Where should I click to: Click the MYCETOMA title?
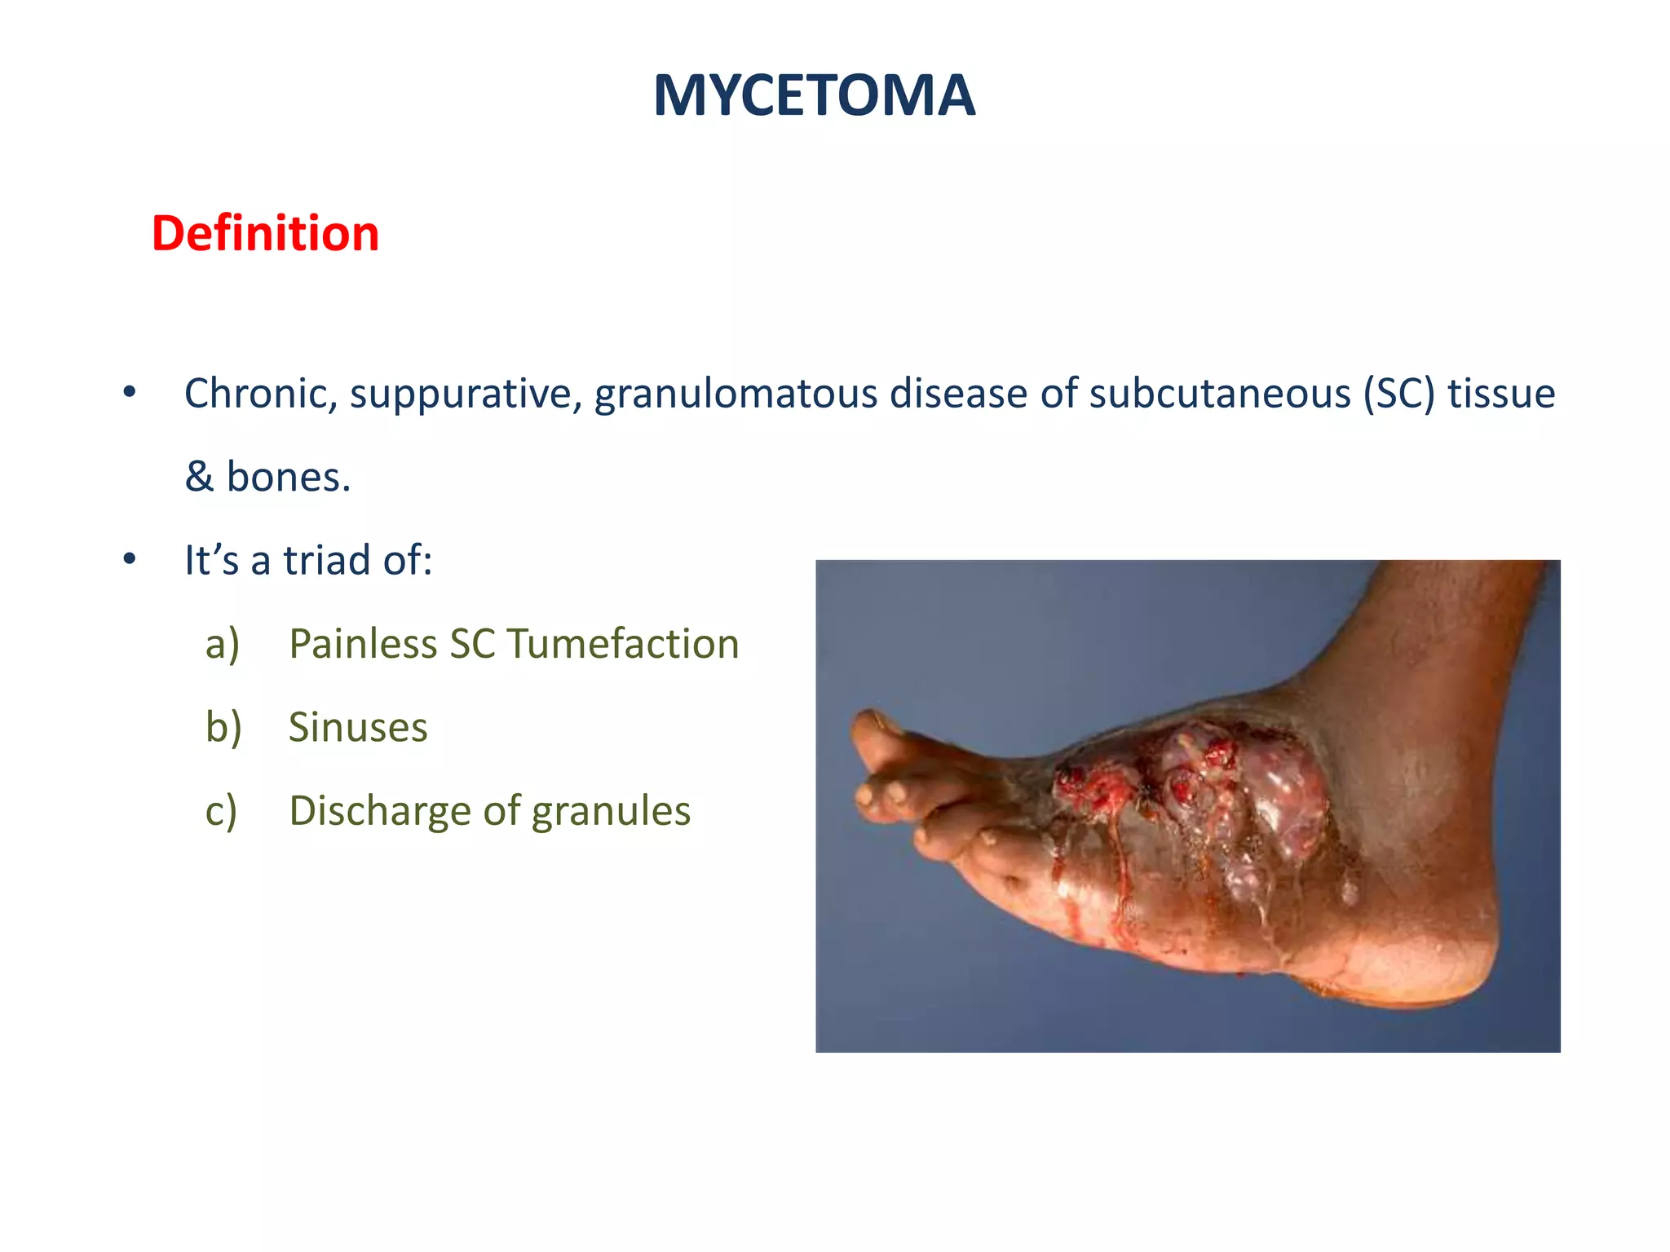(814, 96)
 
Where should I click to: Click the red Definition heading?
(265, 234)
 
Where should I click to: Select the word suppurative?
(466, 394)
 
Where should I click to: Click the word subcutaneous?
(1219, 394)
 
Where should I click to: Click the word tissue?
(1501, 394)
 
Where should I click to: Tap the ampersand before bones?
(199, 477)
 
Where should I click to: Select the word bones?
(288, 477)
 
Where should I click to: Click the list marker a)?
(223, 645)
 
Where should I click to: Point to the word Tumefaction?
(623, 645)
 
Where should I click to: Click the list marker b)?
(223, 728)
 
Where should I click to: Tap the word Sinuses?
(358, 728)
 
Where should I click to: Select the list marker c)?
(221, 812)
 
